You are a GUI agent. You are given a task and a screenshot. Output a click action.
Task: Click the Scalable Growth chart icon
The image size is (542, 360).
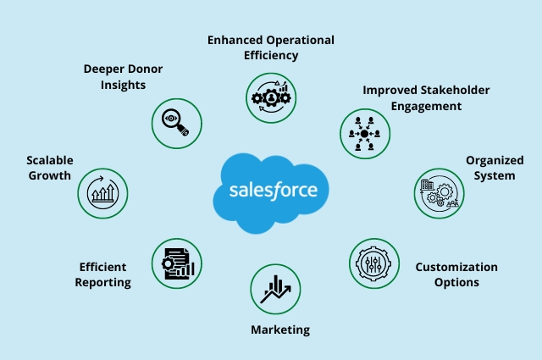[x=102, y=193]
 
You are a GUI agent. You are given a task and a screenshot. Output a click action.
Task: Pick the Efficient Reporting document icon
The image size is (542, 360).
[x=176, y=262]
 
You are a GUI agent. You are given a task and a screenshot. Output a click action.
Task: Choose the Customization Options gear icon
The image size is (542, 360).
[x=373, y=262]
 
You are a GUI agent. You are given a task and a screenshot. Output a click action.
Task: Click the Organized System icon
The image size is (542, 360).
[x=438, y=193]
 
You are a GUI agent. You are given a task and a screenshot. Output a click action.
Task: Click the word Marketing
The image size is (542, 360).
[x=280, y=330]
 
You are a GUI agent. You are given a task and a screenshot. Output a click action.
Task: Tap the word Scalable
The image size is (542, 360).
[x=49, y=159]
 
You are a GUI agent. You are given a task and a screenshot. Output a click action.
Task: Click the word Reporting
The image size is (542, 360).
[x=102, y=282]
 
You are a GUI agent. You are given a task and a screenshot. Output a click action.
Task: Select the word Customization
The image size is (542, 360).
[x=456, y=267]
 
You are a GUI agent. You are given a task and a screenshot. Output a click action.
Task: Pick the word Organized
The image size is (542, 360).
[x=494, y=160]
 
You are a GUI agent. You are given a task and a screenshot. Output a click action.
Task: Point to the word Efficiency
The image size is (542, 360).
[x=271, y=56]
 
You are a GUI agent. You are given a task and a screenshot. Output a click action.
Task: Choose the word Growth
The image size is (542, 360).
[x=49, y=175]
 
